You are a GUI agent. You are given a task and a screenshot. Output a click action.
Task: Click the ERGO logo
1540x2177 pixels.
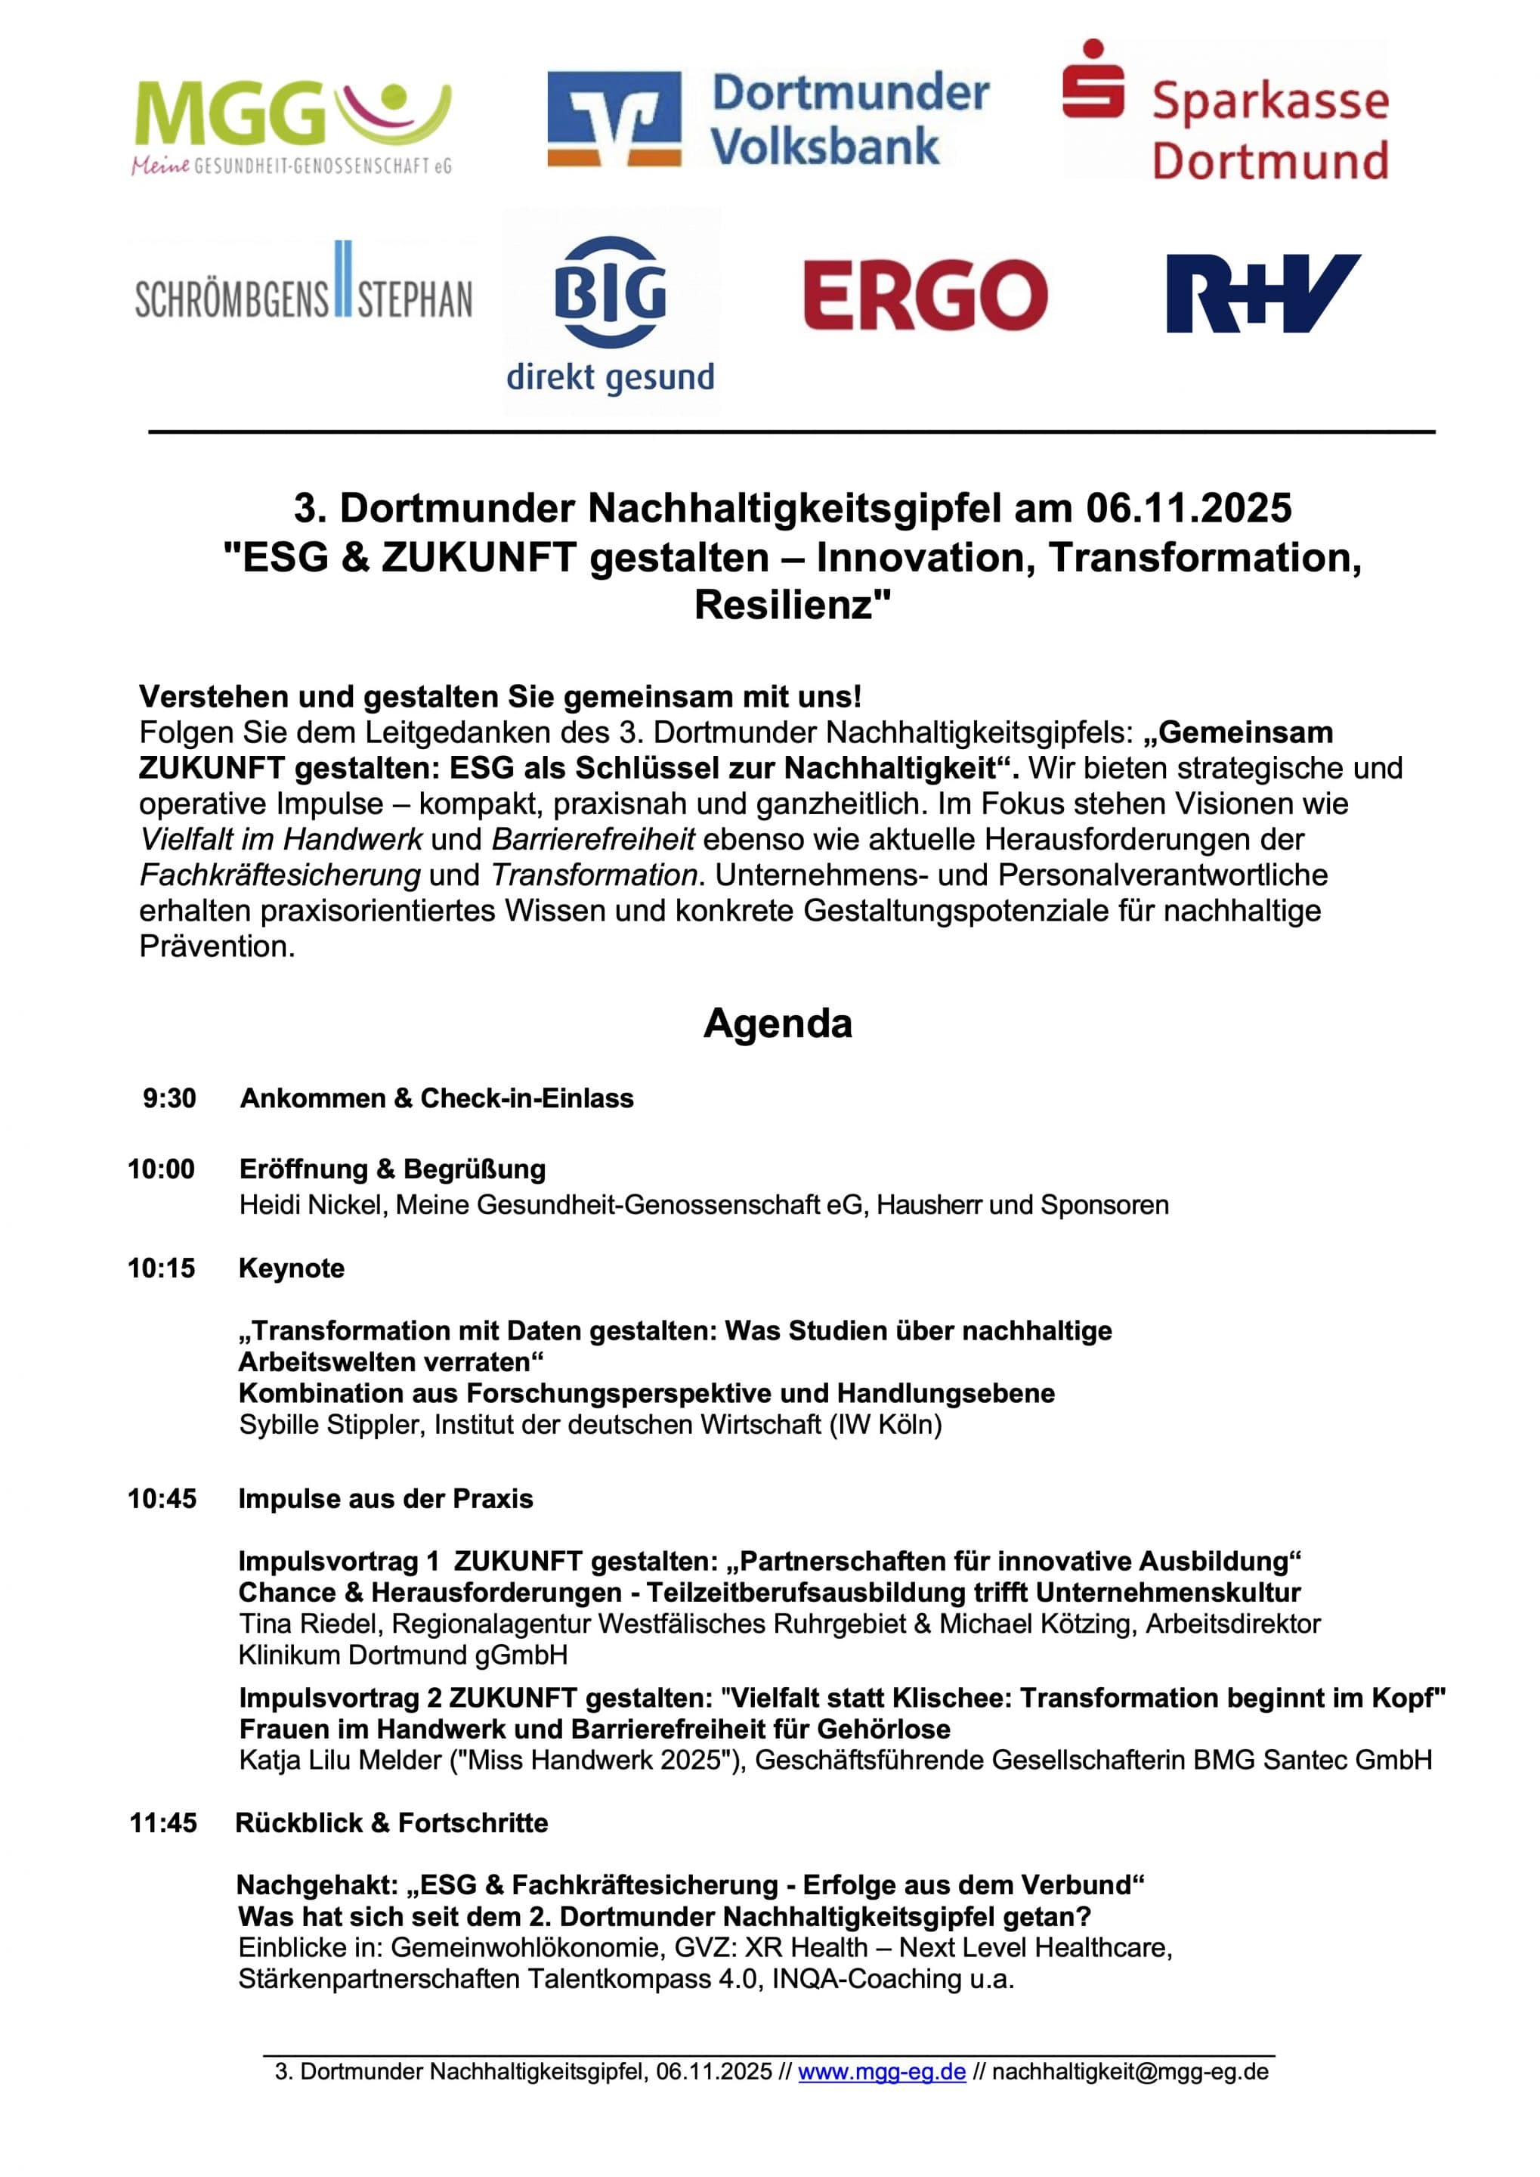coord(925,294)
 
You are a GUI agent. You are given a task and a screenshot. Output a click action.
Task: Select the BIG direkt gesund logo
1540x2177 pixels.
coord(610,313)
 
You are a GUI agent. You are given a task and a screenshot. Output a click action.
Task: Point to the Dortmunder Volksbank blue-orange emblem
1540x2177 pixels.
coord(614,119)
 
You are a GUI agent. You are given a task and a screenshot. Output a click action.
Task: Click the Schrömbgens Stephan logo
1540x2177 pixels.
coord(304,290)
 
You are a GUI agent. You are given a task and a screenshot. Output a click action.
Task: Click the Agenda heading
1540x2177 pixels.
coord(778,1023)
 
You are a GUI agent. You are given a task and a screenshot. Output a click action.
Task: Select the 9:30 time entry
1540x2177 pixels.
coord(170,1098)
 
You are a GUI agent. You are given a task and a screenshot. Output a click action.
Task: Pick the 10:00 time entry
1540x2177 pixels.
coord(161,1169)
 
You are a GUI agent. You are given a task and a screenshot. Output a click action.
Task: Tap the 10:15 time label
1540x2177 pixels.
coord(161,1268)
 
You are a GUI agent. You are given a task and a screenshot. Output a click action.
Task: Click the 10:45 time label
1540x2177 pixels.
coord(162,1499)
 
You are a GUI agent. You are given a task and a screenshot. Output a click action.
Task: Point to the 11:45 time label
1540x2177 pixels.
coord(163,1823)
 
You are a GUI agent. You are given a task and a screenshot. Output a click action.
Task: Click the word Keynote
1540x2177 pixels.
coord(291,1268)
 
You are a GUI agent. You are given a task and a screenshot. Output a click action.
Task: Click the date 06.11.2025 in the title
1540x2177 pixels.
coord(1188,509)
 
